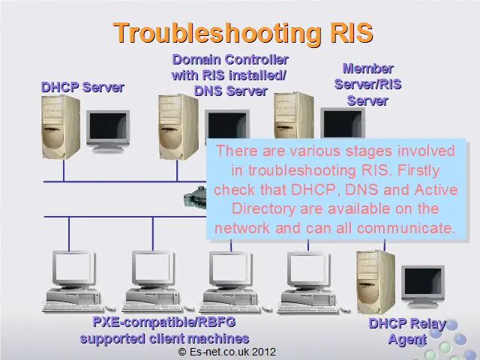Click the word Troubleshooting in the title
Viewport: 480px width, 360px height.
pyautogui.click(x=217, y=33)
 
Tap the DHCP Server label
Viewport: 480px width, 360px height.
pyautogui.click(x=82, y=87)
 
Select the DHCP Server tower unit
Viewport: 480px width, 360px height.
pyautogui.click(x=61, y=127)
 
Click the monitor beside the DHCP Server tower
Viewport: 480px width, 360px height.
pyautogui.click(x=108, y=131)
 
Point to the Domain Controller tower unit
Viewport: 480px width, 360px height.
pyautogui.click(x=178, y=127)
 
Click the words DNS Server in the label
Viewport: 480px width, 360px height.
pyautogui.click(x=231, y=91)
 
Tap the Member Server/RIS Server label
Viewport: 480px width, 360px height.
pyautogui.click(x=367, y=85)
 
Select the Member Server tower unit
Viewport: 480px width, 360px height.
pyautogui.click(x=293, y=115)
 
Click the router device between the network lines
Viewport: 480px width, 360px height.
pyautogui.click(x=195, y=196)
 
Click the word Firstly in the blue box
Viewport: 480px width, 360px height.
pyautogui.click(x=418, y=170)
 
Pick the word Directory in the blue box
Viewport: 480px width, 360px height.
pyautogui.click(x=263, y=208)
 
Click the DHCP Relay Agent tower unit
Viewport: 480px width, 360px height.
pyautogui.click(x=376, y=282)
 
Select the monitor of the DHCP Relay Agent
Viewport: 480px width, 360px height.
pyautogui.click(x=423, y=286)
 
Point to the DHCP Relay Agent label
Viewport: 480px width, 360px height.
pyautogui.click(x=407, y=331)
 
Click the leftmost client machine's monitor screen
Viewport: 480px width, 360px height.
pyautogui.click(x=73, y=268)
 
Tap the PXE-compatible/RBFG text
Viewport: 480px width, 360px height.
pyautogui.click(x=164, y=322)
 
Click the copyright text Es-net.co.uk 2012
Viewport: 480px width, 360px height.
pyautogui.click(x=226, y=352)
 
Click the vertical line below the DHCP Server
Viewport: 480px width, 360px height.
pyautogui.click(x=64, y=170)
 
